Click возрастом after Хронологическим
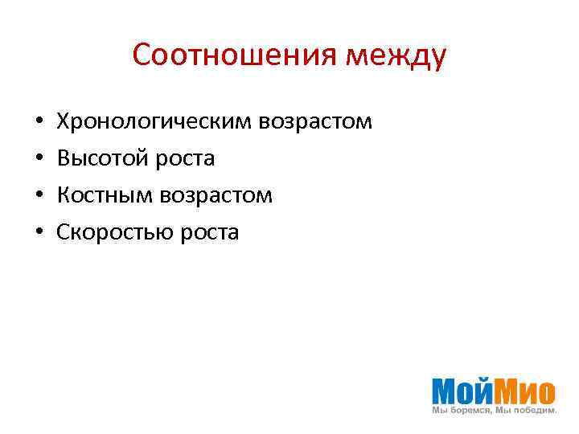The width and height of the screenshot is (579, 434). tap(315, 122)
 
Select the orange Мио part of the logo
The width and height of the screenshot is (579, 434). tap(525, 391)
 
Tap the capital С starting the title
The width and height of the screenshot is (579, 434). tap(142, 55)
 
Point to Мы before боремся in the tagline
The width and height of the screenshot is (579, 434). tap(439, 411)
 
